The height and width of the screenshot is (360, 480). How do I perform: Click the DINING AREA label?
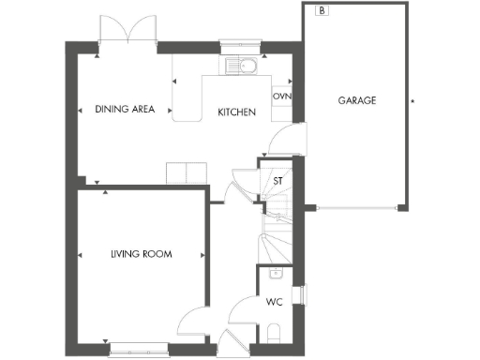tap(125, 109)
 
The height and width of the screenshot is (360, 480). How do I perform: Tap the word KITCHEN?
tap(237, 112)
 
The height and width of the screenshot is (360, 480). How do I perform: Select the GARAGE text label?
tap(356, 100)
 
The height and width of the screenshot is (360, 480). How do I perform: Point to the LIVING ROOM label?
tap(141, 254)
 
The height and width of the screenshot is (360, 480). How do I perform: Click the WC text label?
tap(274, 302)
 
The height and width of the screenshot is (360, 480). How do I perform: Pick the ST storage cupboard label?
tap(277, 180)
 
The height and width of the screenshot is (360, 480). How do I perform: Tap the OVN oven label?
tap(281, 97)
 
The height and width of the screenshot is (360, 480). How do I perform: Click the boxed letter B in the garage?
tap(322, 11)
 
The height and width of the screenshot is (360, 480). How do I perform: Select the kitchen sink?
tap(242, 68)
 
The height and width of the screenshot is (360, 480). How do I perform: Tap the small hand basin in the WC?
tap(275, 274)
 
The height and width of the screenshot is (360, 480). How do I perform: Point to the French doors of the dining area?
tap(128, 30)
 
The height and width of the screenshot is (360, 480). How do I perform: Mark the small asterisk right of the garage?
tap(413, 100)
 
